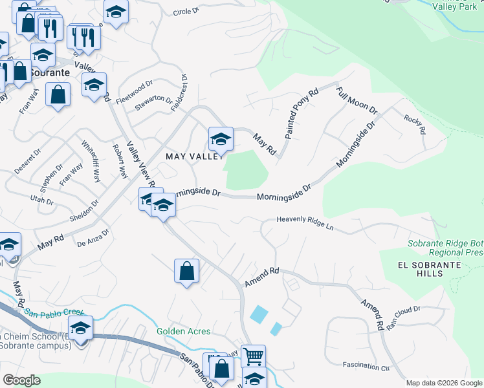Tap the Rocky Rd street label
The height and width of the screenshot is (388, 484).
coord(414,124)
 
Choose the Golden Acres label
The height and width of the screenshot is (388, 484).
coord(184,331)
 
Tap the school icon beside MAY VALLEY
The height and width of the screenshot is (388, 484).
coord(221,139)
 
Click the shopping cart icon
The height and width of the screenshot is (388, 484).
coord(253,356)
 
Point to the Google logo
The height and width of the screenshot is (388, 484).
coord(21,380)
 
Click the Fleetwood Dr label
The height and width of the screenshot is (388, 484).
coord(134,92)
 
